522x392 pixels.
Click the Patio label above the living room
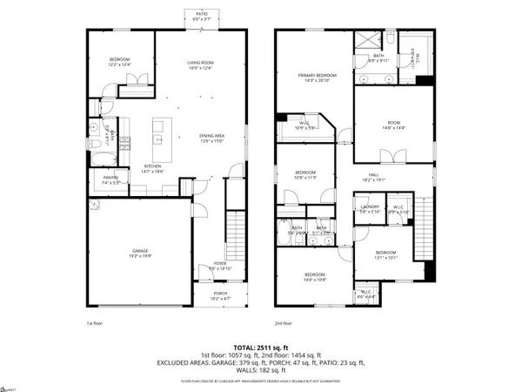pyautogui.click(x=201, y=16)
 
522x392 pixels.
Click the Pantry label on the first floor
pyautogui.click(x=110, y=179)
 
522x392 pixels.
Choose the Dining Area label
pyautogui.click(x=211, y=139)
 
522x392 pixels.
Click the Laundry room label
pyautogui.click(x=369, y=209)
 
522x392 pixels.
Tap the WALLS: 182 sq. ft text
pyautogui.click(x=261, y=371)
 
